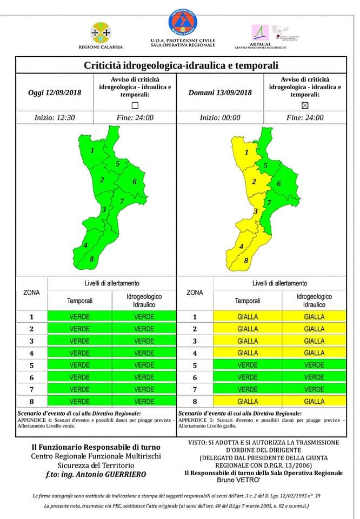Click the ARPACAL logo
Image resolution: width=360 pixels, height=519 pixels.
[261, 34]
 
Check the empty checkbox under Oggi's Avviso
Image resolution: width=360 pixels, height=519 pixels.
[135, 105]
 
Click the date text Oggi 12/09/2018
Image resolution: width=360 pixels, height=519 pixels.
[55, 92]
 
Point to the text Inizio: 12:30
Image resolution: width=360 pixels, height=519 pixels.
[55, 117]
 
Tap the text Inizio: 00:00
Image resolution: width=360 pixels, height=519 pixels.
[219, 117]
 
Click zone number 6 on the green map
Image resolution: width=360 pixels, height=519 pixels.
[134, 182]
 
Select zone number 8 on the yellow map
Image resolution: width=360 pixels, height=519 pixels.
[246, 261]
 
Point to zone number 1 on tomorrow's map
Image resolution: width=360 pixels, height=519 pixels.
[246, 152]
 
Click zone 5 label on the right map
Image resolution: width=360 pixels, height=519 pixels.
[265, 166]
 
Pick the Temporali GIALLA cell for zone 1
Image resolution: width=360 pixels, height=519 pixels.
[248, 317]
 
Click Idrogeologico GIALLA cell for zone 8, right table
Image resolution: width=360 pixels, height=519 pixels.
[314, 402]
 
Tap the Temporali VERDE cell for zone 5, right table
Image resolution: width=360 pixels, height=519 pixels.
[248, 365]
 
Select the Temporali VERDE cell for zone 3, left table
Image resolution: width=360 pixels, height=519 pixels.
[80, 341]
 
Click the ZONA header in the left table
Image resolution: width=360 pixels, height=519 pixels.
[31, 292]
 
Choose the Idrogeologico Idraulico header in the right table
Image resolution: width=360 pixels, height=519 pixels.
[314, 301]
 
